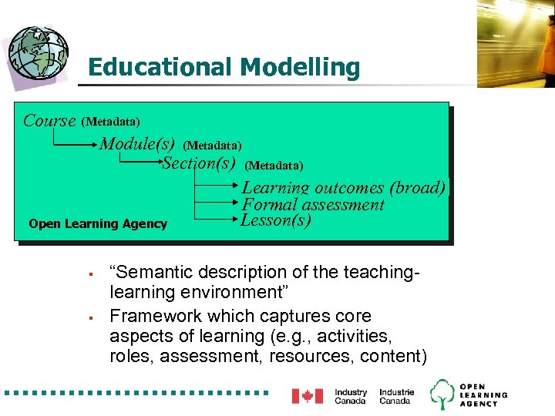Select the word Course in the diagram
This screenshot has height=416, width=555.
(49, 121)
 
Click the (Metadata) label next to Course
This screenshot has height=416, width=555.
(110, 122)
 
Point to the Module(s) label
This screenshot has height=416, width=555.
(137, 144)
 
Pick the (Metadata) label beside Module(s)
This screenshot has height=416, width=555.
(212, 145)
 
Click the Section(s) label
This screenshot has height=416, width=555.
(198, 163)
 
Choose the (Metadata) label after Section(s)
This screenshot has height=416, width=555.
(274, 166)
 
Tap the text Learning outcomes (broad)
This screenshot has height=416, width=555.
(343, 187)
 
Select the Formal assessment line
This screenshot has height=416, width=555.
(312, 205)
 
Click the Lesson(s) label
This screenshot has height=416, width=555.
(276, 220)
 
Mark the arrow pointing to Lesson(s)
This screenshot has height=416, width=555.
(216, 220)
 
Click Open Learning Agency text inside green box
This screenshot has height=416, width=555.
(98, 224)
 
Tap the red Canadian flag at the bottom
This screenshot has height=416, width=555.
(307, 396)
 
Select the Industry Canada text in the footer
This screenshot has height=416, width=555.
(351, 396)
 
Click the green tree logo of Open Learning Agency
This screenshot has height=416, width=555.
(442, 394)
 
